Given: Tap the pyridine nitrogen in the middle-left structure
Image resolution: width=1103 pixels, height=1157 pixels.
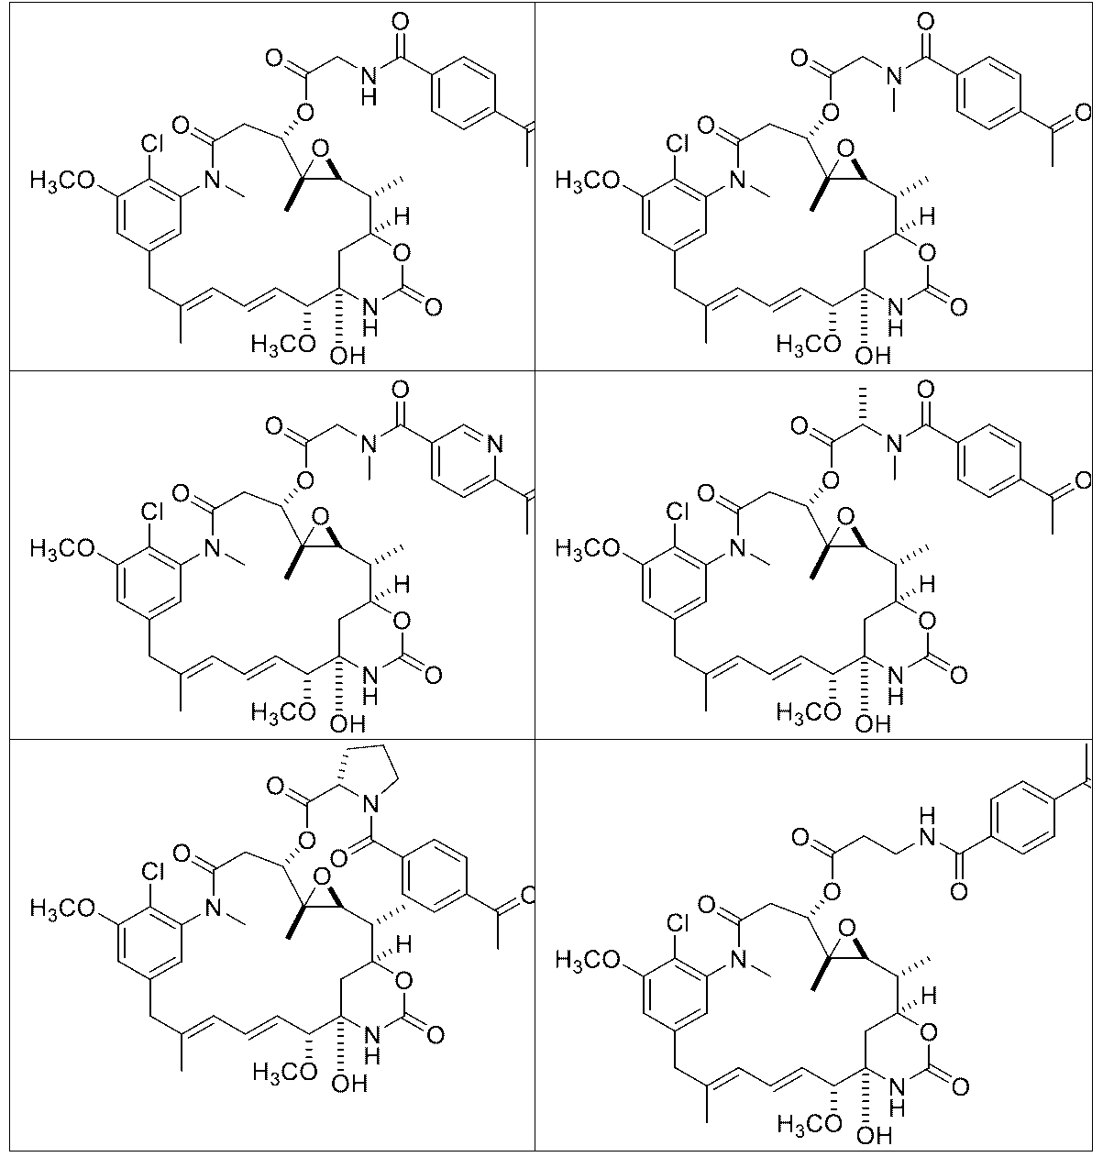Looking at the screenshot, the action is (495, 444).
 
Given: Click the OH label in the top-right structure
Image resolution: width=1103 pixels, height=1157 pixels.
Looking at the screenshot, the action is (873, 355).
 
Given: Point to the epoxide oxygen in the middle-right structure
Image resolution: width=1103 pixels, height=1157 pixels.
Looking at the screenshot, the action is (845, 517).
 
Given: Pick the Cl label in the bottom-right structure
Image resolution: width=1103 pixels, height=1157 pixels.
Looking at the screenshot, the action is (677, 923).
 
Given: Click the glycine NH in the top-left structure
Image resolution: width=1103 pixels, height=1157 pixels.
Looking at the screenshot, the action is (369, 84).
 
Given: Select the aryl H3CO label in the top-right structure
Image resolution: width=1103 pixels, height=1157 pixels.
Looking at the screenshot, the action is (587, 181).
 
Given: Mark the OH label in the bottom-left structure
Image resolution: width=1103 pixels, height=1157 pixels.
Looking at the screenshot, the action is (349, 1083).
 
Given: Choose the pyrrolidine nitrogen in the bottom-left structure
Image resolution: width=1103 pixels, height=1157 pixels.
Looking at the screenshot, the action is (370, 803).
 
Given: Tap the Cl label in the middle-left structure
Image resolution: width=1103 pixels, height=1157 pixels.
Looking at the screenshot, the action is (152, 512).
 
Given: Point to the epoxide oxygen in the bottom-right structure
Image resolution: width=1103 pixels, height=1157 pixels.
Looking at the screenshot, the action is (846, 929).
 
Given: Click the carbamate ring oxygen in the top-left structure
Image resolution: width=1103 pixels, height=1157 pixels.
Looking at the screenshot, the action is (402, 253).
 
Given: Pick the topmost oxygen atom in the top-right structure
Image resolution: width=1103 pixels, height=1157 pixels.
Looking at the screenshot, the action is (925, 22).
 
